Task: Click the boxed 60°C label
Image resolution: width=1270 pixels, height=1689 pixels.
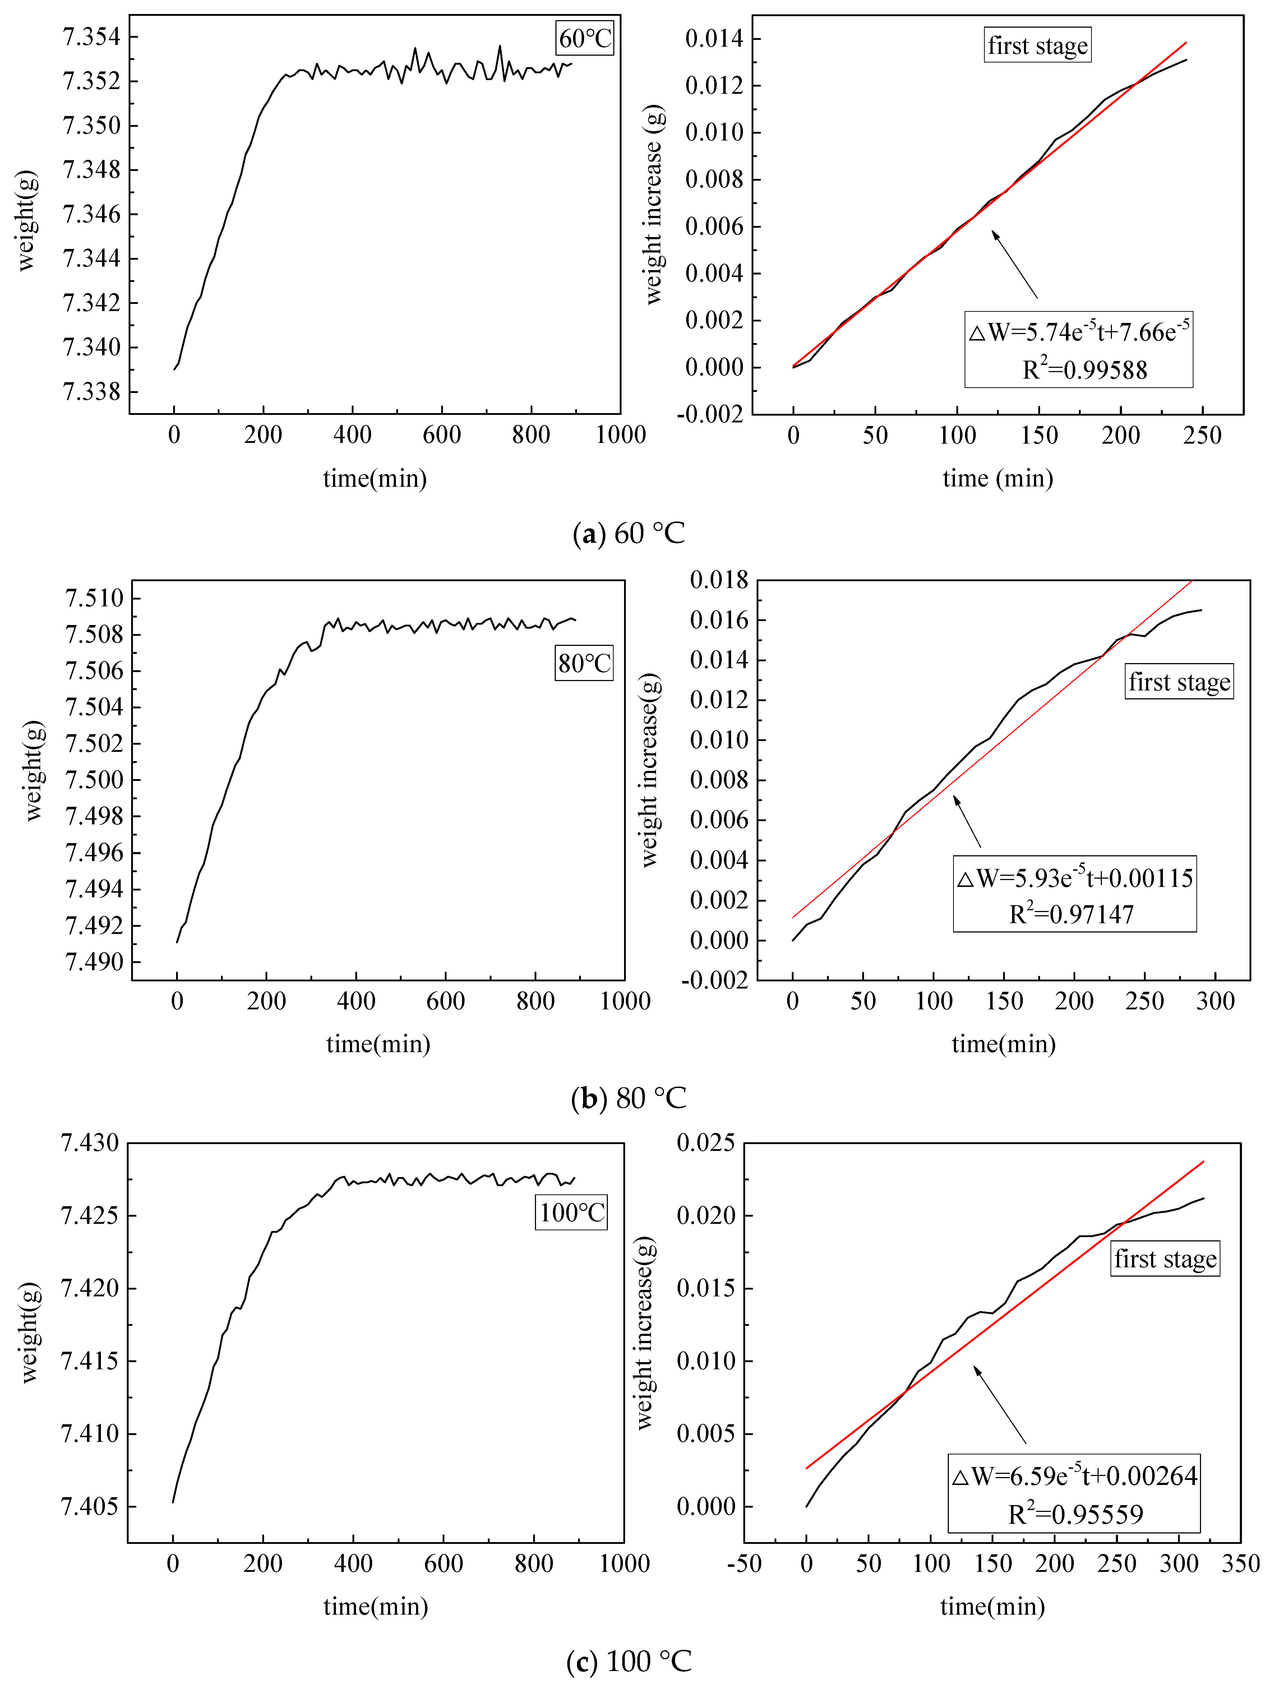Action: click(x=584, y=38)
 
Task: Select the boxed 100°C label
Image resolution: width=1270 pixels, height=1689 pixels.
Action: click(x=571, y=1213)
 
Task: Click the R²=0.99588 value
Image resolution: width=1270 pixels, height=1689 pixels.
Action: click(x=1084, y=370)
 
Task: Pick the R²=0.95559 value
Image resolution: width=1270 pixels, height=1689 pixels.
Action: click(x=1075, y=1514)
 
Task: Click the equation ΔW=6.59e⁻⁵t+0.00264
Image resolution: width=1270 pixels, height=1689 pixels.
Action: click(x=1075, y=1476)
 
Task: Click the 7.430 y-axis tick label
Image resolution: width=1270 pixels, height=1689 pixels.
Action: click(x=90, y=1143)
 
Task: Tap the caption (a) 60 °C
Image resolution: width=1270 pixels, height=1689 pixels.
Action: click(x=628, y=533)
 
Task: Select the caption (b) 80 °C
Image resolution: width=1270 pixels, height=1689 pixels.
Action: click(x=628, y=1098)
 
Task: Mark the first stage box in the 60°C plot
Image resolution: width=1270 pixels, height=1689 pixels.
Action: click(x=1037, y=46)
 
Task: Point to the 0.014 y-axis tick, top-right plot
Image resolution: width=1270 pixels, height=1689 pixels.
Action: click(x=714, y=38)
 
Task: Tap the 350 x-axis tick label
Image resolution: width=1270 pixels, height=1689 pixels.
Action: click(x=1240, y=1564)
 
